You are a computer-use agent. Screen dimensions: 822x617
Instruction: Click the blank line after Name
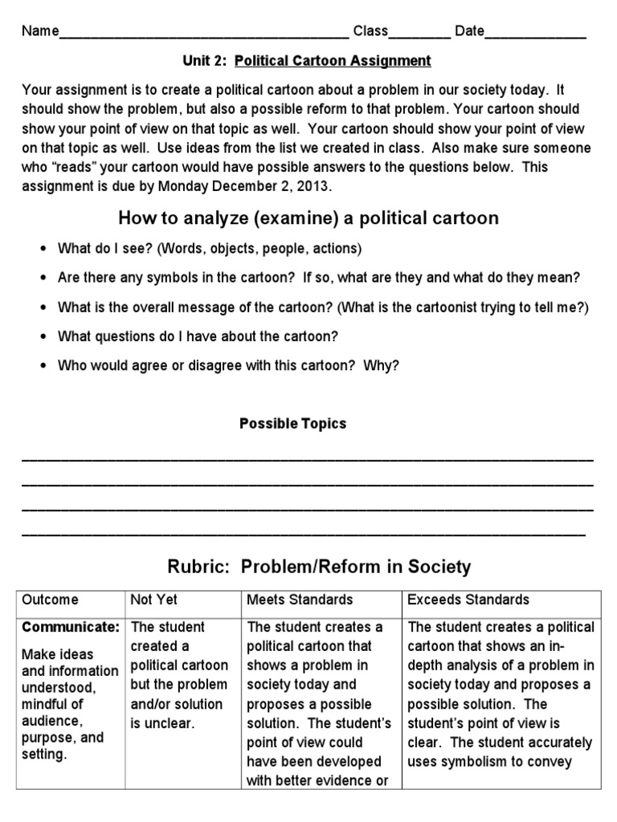[204, 35]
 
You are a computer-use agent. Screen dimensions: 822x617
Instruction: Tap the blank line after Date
[535, 35]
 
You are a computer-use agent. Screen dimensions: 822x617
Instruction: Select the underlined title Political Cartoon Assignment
[333, 60]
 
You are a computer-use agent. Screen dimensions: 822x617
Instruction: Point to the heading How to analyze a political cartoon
[308, 218]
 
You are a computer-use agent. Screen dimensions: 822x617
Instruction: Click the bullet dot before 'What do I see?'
[42, 249]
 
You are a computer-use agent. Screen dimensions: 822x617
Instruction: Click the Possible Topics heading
[292, 423]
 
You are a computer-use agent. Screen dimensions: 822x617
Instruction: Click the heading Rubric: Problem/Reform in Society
[319, 567]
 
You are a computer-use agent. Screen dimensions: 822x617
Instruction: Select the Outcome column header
[51, 600]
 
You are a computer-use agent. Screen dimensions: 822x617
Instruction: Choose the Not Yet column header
[153, 600]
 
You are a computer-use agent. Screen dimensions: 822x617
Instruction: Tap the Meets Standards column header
[300, 600]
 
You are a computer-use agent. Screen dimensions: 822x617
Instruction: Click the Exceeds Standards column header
[468, 600]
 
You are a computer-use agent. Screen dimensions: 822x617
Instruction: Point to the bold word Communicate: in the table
[72, 626]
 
